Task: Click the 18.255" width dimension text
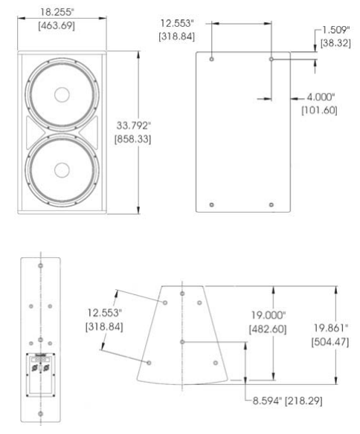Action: point(58,12)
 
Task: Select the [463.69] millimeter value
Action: point(57,26)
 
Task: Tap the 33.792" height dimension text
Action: point(134,126)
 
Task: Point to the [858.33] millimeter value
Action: point(133,139)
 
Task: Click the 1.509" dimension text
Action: point(336,30)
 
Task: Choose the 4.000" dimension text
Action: point(321,97)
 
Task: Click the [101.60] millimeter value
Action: point(320,110)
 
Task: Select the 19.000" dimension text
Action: point(269,315)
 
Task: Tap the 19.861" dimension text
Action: point(331,328)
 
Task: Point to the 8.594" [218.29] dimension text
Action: point(287,401)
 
